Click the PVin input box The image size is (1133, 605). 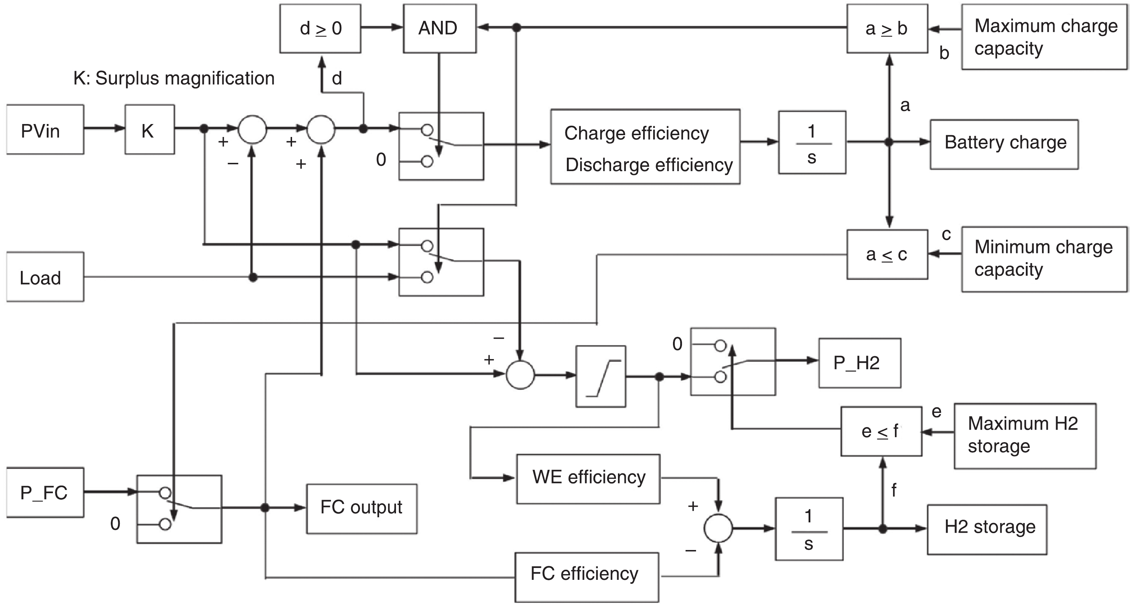pyautogui.click(x=45, y=130)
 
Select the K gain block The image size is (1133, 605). pyautogui.click(x=150, y=130)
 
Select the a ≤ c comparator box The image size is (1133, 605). pyautogui.click(x=887, y=255)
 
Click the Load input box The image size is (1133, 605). pyautogui.click(x=45, y=277)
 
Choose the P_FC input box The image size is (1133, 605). pyautogui.click(x=45, y=492)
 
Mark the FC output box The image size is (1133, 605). pyautogui.click(x=361, y=509)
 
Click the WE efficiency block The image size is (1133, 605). pyautogui.click(x=588, y=479)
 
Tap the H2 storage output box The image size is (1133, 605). pyautogui.click(x=987, y=530)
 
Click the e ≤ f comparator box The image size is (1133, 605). pyautogui.click(x=881, y=431)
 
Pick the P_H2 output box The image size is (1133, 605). pyautogui.click(x=859, y=363)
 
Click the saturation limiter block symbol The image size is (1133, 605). pyautogui.click(x=600, y=376)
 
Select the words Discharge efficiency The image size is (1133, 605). pyautogui.click(x=649, y=165)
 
